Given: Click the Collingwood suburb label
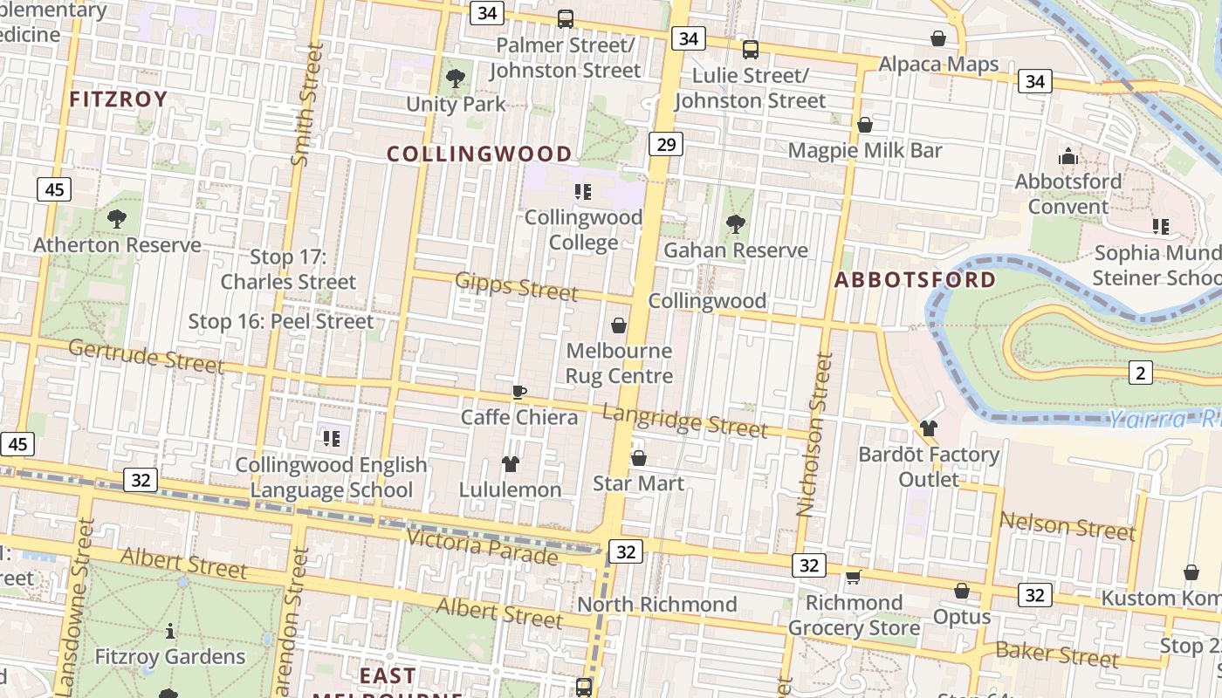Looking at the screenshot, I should coord(479,154).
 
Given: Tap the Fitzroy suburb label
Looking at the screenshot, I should coord(118,99).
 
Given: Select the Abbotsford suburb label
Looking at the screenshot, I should coord(915,280).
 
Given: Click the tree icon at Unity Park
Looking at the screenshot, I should coord(455,79).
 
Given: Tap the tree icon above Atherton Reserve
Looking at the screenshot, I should coord(116,218).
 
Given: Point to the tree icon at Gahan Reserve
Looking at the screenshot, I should coord(736,224).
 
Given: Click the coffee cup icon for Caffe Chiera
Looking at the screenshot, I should coord(519,392).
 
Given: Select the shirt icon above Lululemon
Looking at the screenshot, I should coord(511,463).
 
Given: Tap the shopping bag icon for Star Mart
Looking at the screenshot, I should coord(639,458).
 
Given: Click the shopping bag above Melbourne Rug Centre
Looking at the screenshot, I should coord(619,325).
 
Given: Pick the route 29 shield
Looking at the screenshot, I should coord(665,144).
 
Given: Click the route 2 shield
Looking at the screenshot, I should coord(1140,373).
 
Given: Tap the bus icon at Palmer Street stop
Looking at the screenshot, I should coord(566,19).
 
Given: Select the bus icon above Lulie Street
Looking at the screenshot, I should coord(750,50).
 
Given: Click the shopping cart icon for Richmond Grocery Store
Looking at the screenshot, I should coord(854,577).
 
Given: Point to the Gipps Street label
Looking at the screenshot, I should coord(516,285).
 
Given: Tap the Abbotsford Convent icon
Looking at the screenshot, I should coord(1068,157).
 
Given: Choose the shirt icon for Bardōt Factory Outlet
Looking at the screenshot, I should coord(929,428).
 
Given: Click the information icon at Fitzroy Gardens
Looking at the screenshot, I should coord(170,630).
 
